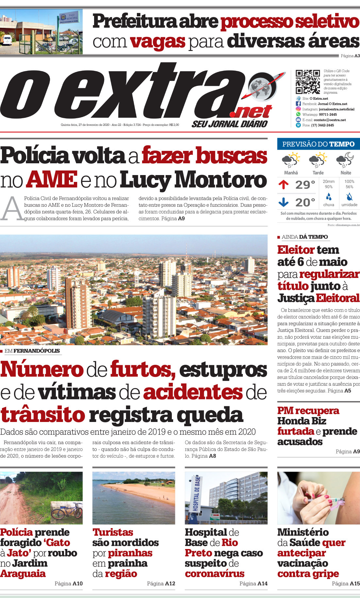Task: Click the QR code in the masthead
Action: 307,82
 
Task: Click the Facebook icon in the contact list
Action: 298,104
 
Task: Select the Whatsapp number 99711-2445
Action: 328,115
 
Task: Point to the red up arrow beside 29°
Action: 284,185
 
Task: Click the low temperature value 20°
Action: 305,202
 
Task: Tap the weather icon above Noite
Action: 345,160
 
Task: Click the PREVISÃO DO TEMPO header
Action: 318,144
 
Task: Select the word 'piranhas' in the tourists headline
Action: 130,553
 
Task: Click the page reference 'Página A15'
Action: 346,583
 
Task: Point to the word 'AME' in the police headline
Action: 52,180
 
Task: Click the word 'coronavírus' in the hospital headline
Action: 214,574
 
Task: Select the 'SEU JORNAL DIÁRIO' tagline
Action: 229,124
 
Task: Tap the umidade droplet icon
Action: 349,197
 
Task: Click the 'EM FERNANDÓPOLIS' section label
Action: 32,351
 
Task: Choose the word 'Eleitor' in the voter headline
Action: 296,250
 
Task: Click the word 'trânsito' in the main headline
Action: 42,415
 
